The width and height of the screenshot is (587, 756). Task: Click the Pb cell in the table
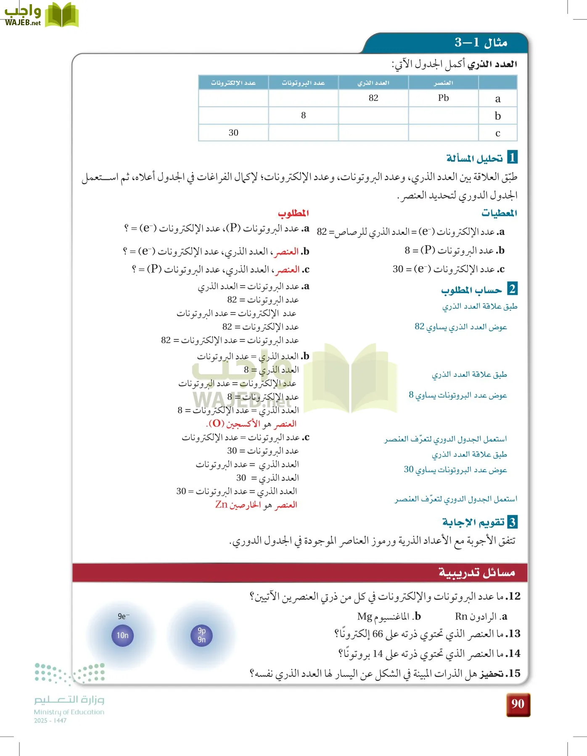(x=443, y=98)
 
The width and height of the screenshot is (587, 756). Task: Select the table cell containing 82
(x=373, y=98)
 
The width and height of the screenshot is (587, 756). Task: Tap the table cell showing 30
(x=233, y=133)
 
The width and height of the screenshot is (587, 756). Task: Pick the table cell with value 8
(x=303, y=115)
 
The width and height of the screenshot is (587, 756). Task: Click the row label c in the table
(x=498, y=133)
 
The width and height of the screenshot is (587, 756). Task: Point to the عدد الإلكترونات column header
(x=233, y=83)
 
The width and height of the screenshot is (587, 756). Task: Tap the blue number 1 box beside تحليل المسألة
(x=512, y=157)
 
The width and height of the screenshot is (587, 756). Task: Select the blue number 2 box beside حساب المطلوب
(x=512, y=289)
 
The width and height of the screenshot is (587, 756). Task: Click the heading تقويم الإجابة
(x=473, y=522)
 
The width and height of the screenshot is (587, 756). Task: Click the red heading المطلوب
(x=293, y=213)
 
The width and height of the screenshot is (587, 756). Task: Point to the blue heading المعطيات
(x=499, y=213)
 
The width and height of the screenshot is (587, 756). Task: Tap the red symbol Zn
(x=221, y=504)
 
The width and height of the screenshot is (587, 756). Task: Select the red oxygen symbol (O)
(x=216, y=423)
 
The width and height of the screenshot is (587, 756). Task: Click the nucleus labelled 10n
(x=122, y=635)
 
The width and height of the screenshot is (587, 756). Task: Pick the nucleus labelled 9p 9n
(x=202, y=635)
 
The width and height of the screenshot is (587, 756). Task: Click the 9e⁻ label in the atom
(x=123, y=616)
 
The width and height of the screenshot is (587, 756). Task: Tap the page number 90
(x=518, y=704)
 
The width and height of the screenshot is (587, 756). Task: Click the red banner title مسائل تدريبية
(x=476, y=572)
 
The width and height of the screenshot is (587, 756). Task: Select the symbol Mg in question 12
(x=365, y=617)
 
